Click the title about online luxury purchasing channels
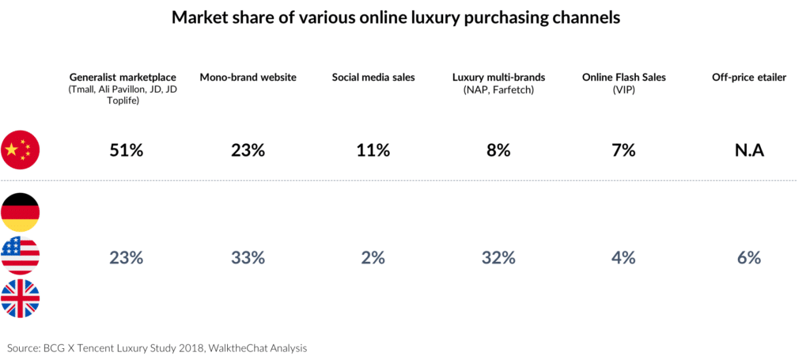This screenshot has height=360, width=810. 404,17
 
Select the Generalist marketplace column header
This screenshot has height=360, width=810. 122,78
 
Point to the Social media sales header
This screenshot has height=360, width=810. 373,78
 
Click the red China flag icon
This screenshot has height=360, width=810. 21,150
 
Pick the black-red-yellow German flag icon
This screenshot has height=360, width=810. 21,212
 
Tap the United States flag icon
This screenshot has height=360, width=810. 21,256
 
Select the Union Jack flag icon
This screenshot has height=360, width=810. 21,298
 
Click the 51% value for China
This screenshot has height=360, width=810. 126,150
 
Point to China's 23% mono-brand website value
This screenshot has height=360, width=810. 248,150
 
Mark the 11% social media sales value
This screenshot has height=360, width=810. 373,150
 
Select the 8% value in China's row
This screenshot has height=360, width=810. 498,150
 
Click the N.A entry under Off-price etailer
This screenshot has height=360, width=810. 747,150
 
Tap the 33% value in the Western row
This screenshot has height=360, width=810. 248,257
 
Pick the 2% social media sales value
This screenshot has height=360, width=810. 373,257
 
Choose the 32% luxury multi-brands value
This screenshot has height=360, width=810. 498,257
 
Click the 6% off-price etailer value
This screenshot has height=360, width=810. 748,257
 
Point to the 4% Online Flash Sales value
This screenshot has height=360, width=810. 623,257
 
